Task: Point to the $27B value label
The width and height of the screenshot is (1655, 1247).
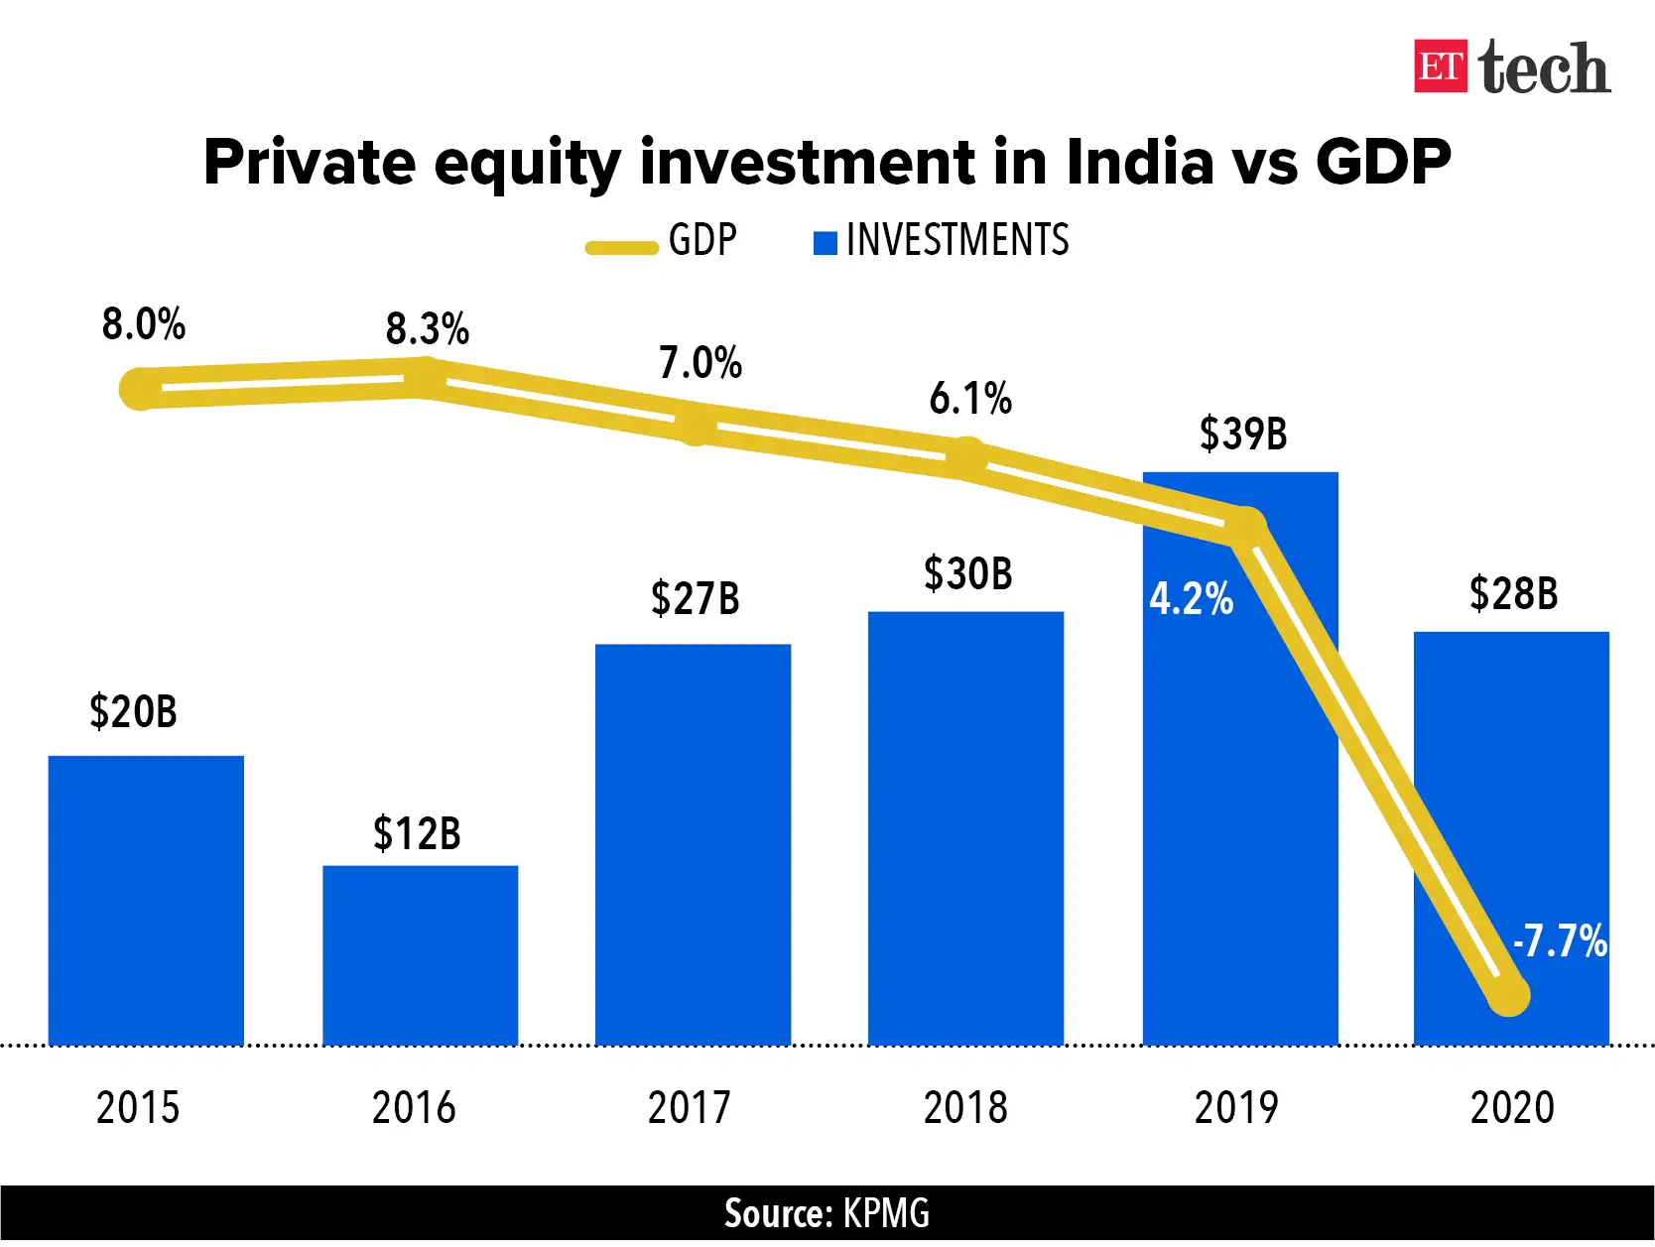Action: point(695,599)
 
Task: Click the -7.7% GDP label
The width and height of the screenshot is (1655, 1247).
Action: point(1560,940)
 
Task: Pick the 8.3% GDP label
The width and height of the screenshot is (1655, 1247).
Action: point(427,328)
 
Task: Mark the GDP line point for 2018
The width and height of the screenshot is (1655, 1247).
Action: point(966,458)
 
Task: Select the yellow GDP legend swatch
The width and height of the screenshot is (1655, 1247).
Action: point(621,247)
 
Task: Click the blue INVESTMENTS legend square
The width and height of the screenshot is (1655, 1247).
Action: point(825,242)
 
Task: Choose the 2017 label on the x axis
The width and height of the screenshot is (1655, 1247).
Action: point(689,1107)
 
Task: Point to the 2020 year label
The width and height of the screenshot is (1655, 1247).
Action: point(1511,1107)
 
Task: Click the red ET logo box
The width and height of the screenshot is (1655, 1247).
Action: point(1440,66)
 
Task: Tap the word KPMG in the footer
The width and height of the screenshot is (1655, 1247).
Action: point(886,1213)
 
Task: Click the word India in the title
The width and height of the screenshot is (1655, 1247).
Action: point(1139,162)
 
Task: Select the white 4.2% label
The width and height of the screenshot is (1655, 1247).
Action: point(1191,599)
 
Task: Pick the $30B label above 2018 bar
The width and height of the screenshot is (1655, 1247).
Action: point(967,574)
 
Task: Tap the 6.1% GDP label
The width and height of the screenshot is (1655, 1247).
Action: point(969,399)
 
